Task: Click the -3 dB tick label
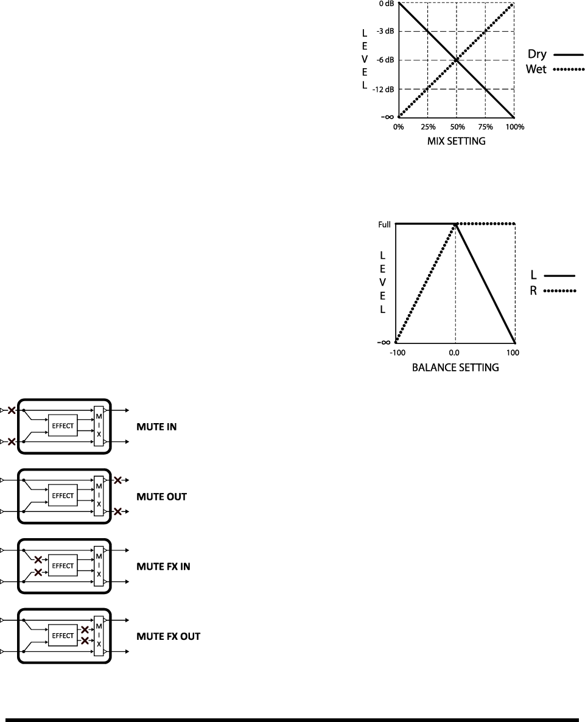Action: [385, 30]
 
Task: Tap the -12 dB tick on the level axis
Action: [384, 89]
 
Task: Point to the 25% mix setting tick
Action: [428, 127]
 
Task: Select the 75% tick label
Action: [485, 127]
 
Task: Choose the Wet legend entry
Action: [550, 70]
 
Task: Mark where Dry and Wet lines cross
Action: [457, 60]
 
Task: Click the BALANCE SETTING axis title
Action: [455, 368]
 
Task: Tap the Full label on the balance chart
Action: [385, 225]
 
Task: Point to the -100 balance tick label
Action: [397, 352]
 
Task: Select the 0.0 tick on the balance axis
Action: [454, 352]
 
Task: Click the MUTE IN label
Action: [156, 427]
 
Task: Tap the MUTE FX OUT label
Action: [167, 637]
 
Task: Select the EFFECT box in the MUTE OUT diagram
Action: [63, 496]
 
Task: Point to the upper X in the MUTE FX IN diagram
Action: [38, 559]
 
